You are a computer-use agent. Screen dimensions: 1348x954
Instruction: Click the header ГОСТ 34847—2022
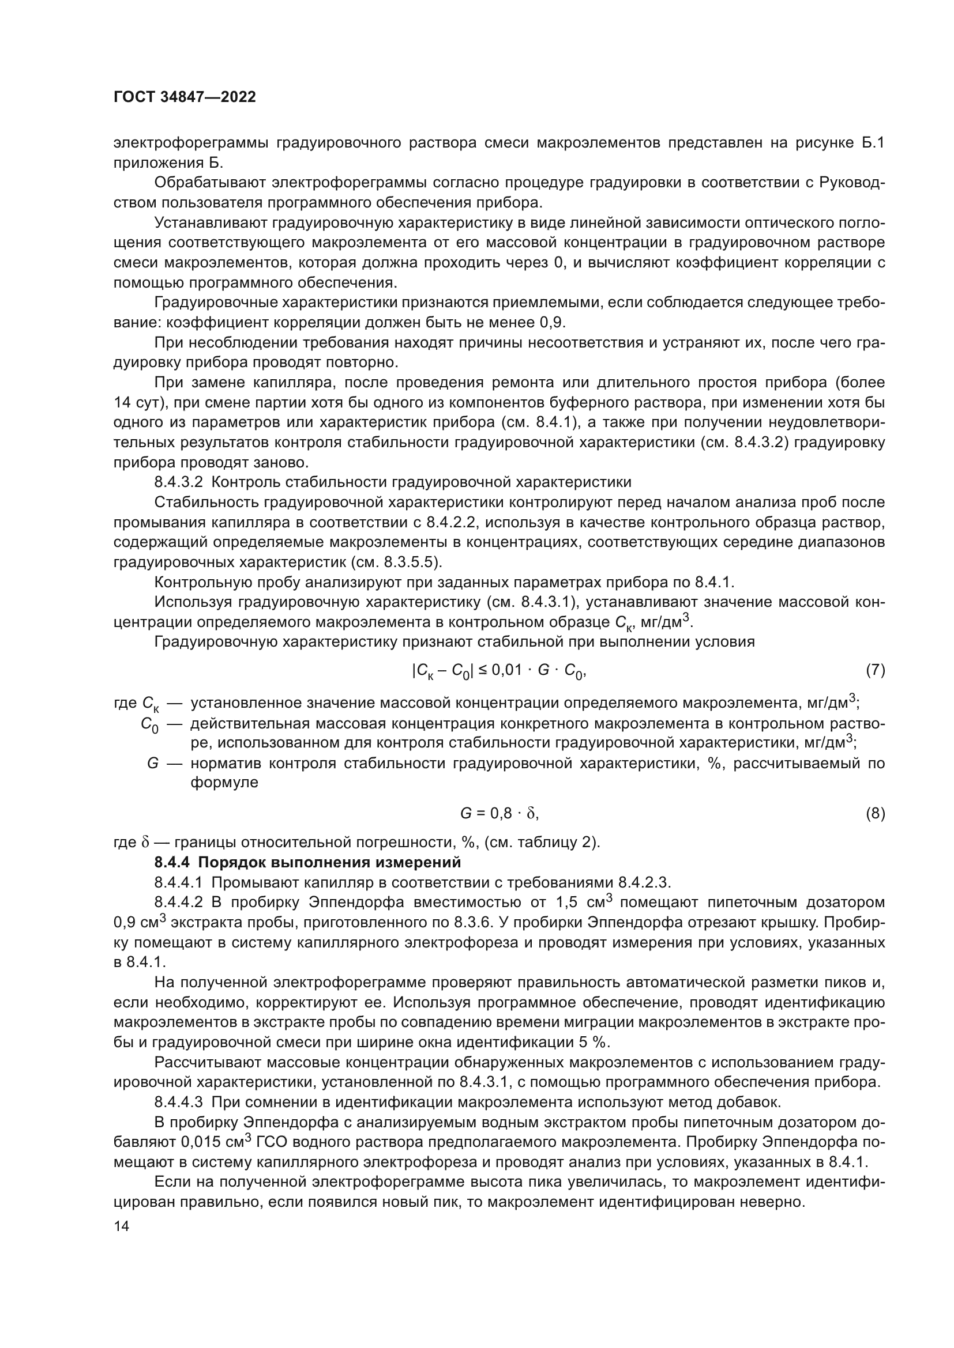185,97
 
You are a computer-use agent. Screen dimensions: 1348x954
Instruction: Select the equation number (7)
875,670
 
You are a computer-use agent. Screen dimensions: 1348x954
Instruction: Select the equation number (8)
875,813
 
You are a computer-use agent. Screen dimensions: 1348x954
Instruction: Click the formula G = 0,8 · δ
499,813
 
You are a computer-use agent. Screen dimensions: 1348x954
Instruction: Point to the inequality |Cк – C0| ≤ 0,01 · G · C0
499,670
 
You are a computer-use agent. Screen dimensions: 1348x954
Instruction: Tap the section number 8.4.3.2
179,482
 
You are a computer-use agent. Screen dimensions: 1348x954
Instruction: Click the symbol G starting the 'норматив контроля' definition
153,763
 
